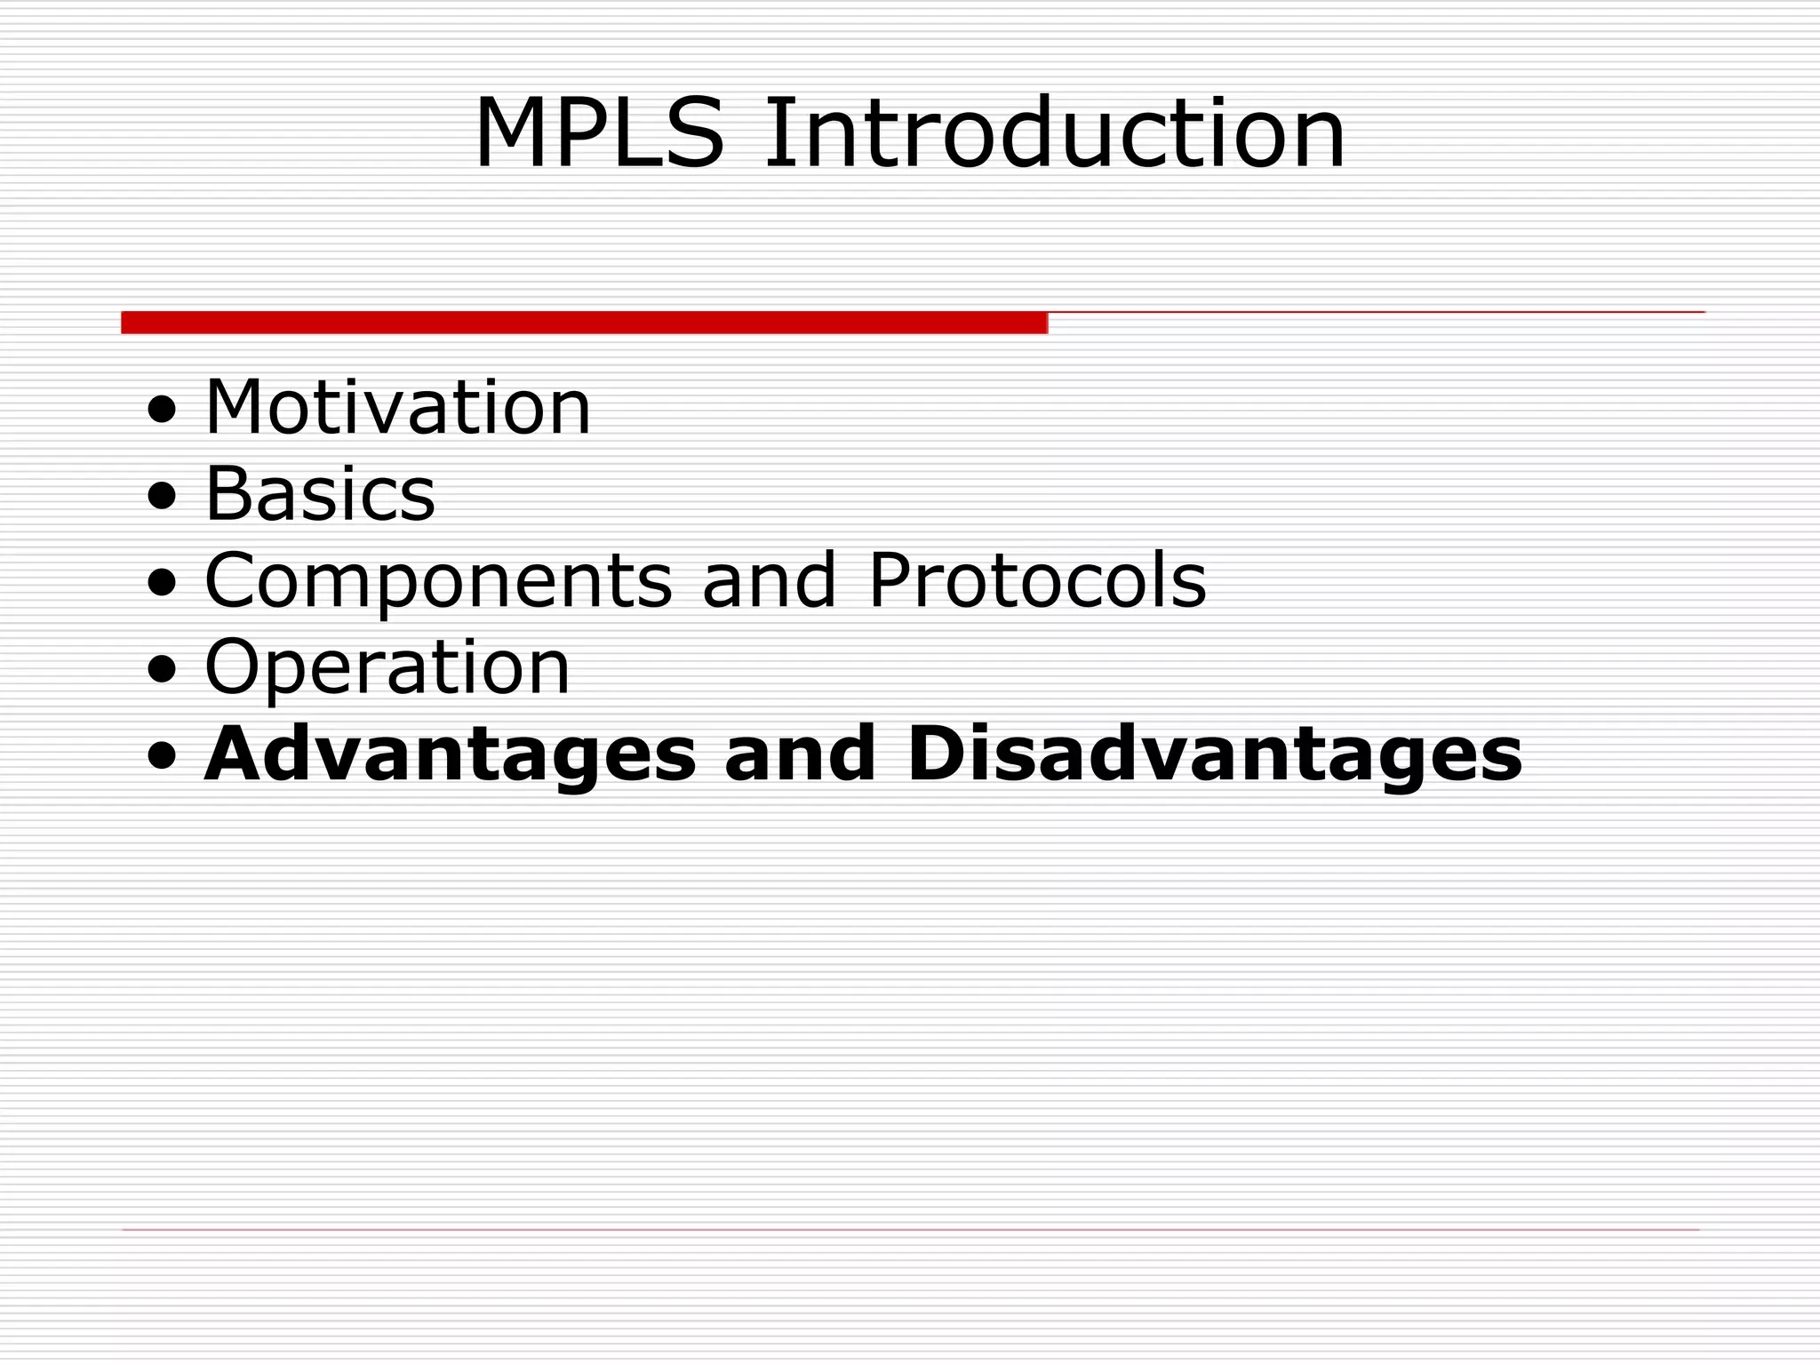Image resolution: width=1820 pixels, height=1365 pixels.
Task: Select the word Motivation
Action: click(397, 408)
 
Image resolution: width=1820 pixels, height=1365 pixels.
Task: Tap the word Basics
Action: click(320, 493)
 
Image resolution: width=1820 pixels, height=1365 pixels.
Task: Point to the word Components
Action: click(438, 582)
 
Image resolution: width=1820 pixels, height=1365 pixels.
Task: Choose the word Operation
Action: click(387, 667)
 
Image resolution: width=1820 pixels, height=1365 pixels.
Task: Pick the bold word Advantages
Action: click(450, 754)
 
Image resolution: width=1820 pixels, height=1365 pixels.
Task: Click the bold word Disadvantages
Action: click(1214, 754)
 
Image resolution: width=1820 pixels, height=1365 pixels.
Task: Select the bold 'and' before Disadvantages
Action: click(801, 754)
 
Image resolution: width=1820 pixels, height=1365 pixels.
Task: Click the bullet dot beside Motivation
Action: click(162, 411)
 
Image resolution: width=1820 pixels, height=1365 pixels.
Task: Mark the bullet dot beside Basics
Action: click(162, 498)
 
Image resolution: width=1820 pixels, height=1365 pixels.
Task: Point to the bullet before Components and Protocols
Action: click(162, 584)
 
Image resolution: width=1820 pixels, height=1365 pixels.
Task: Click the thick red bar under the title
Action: click(584, 323)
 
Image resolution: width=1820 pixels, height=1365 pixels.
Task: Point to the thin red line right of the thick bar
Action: click(1376, 312)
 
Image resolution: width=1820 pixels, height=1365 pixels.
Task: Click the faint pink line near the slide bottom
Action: click(910, 1230)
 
